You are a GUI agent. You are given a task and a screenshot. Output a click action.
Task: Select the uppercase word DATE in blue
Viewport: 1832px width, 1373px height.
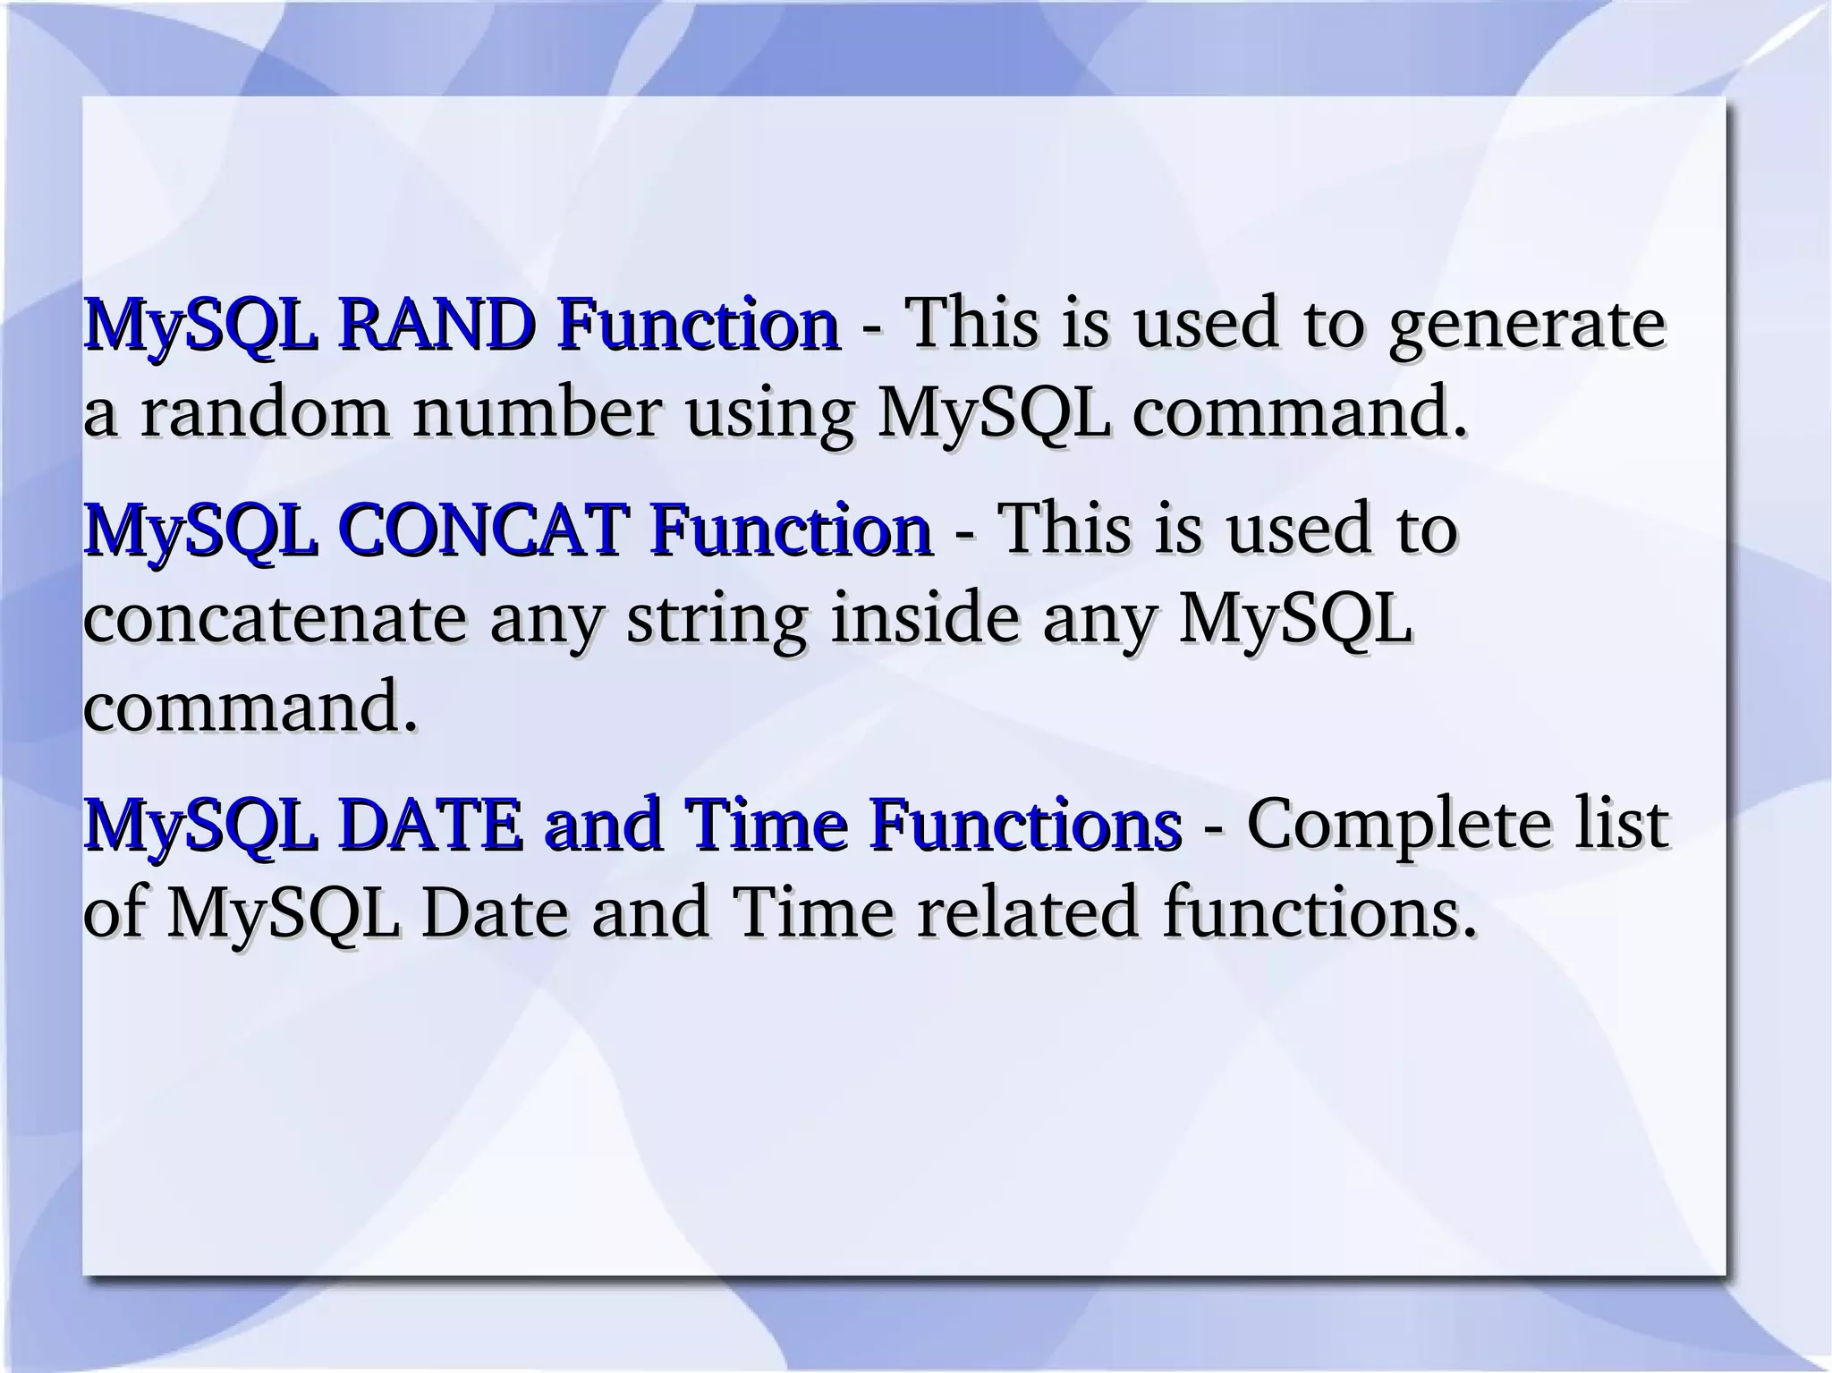pos(430,824)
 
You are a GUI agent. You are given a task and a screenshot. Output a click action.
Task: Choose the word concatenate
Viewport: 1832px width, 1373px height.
pos(275,620)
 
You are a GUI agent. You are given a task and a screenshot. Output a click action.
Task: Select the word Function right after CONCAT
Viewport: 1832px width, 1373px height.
pos(791,529)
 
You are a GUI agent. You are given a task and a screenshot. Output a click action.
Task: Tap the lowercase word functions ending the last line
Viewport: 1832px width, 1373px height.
pos(1319,913)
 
